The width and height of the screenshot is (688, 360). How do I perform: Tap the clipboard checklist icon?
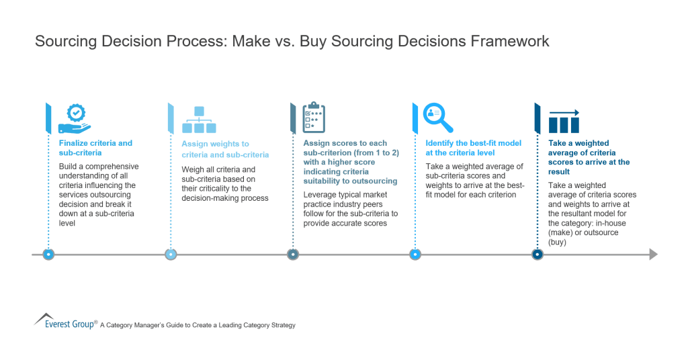(x=313, y=118)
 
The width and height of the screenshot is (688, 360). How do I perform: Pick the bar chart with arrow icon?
(x=564, y=121)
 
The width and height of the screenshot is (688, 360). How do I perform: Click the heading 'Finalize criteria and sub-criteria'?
(x=95, y=148)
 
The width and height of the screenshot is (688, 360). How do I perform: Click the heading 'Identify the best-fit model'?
(x=473, y=148)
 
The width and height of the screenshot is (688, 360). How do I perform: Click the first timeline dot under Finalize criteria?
(x=48, y=255)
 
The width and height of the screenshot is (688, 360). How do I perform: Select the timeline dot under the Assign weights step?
(x=171, y=255)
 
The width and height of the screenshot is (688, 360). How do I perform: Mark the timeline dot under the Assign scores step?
(x=292, y=255)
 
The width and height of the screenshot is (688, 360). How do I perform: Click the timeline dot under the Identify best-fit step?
(x=415, y=255)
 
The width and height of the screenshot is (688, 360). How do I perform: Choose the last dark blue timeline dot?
(x=537, y=255)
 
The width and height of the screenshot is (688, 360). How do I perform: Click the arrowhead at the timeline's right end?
(x=653, y=255)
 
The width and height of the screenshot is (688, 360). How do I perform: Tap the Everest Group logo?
(x=65, y=321)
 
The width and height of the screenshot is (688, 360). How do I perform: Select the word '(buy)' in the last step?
(x=558, y=242)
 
